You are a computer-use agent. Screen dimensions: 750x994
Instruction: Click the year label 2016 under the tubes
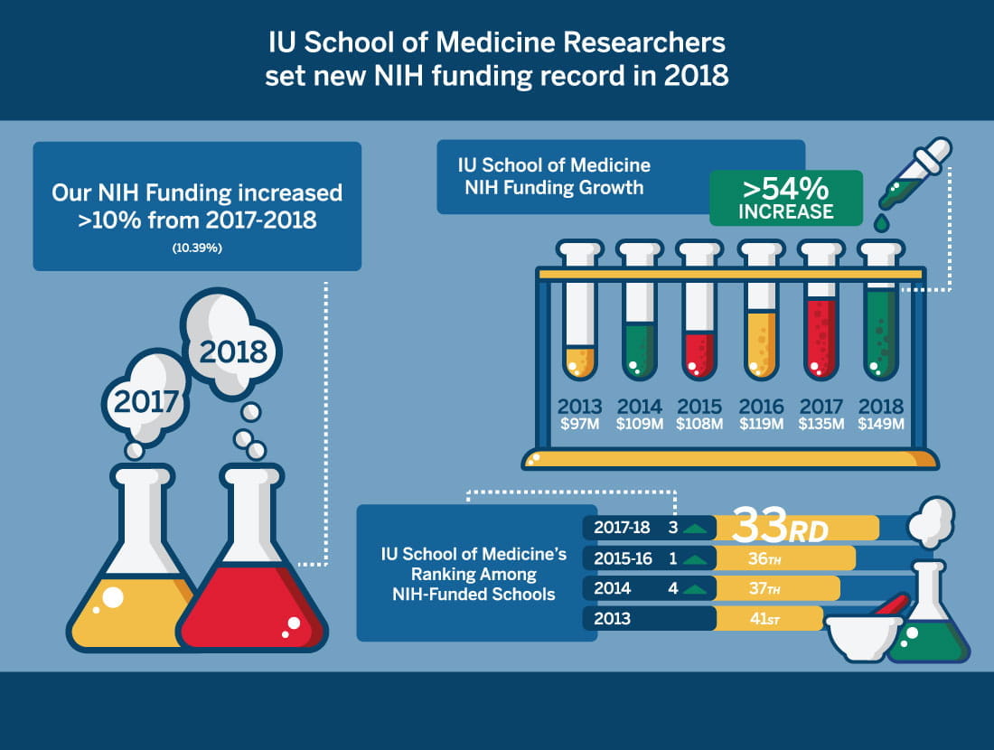coord(761,408)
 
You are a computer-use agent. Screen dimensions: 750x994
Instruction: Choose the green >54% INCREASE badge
coord(785,198)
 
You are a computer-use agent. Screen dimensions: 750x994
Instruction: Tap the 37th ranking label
coord(764,589)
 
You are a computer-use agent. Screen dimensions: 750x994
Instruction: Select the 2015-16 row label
coord(624,558)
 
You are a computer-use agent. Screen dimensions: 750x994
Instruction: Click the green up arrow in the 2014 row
coord(694,590)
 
